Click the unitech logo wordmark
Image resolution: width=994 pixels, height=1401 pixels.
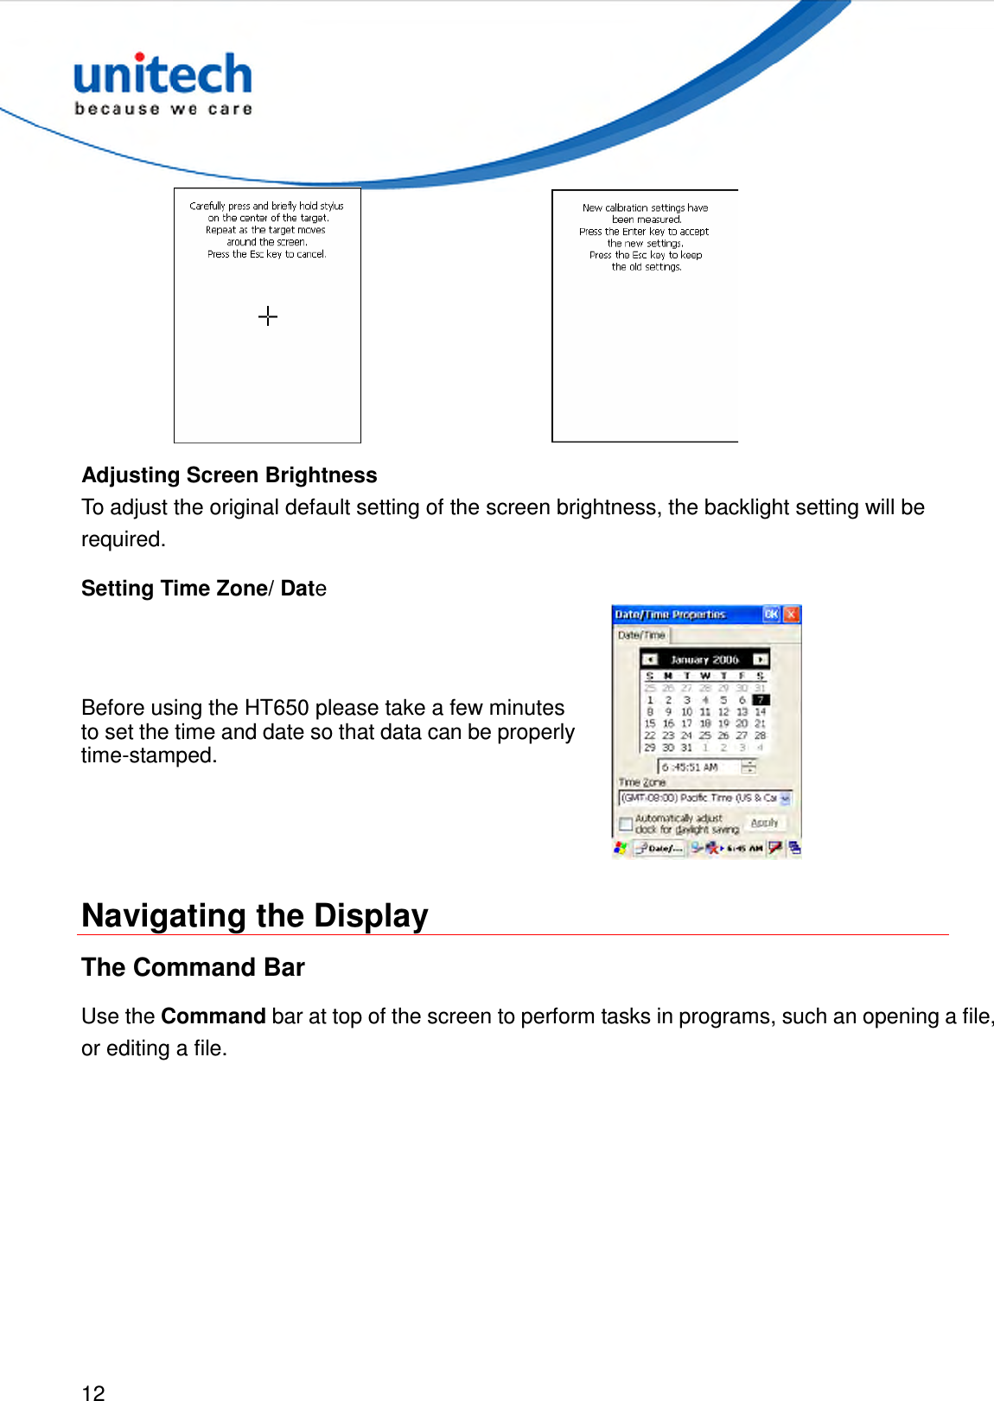[162, 75]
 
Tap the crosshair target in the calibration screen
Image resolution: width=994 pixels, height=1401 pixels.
[268, 316]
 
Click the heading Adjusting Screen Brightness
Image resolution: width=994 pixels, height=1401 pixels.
[229, 475]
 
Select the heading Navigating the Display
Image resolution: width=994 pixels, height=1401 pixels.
[254, 915]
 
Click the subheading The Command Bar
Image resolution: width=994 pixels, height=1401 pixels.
[193, 967]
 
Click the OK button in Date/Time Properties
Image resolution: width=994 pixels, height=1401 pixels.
[771, 615]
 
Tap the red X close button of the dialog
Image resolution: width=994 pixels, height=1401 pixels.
[791, 615]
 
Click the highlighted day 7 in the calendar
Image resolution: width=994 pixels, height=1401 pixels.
[760, 700]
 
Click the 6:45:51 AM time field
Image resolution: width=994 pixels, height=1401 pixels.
[698, 767]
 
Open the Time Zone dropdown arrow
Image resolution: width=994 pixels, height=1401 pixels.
[785, 799]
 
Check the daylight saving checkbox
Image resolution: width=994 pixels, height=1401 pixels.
[626, 824]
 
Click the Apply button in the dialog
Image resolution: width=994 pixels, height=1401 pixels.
[764, 823]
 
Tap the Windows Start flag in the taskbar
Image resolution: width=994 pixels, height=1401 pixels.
[620, 849]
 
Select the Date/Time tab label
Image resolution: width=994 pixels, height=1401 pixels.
[641, 635]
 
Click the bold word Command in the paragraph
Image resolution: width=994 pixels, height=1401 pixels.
[213, 1016]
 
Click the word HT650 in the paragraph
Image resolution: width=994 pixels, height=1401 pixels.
[276, 708]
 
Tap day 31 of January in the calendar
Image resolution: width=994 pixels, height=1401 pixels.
[687, 748]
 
